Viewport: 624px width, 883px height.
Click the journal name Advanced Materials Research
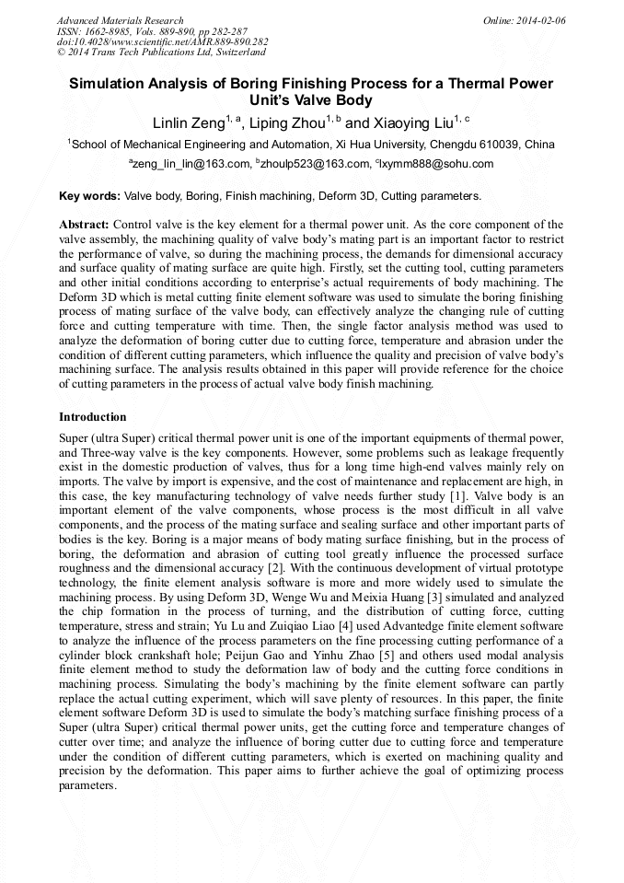(x=120, y=20)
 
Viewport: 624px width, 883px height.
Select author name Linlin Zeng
(x=188, y=122)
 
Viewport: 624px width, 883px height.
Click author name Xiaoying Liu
(x=410, y=122)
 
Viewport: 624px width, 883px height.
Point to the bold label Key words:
(x=89, y=196)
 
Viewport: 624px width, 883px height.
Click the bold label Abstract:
(x=85, y=225)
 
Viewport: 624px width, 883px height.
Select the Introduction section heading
(x=93, y=417)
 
